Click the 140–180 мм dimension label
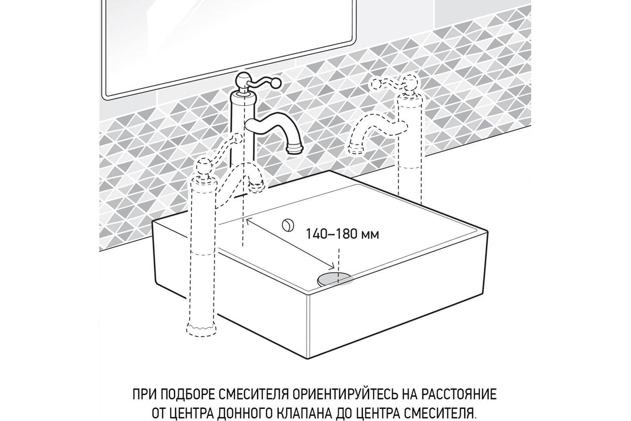coord(342,234)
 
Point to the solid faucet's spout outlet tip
coord(294,149)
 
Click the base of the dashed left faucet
coord(202,330)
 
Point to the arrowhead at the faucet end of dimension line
coord(249,222)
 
